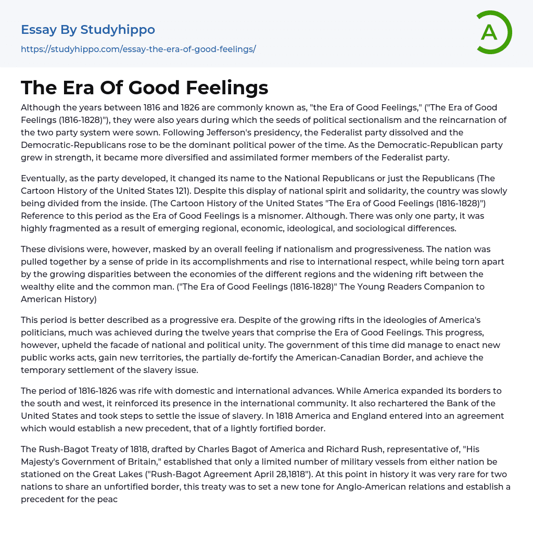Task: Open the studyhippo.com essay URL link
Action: click(x=138, y=49)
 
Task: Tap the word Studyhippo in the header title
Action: click(x=118, y=30)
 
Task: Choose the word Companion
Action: click(x=450, y=287)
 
